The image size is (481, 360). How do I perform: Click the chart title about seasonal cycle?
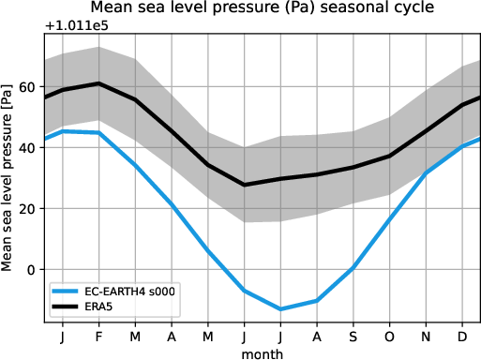point(262,8)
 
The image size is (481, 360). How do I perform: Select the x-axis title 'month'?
point(262,353)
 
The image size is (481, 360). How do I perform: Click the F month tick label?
point(99,335)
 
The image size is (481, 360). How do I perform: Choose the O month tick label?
point(390,335)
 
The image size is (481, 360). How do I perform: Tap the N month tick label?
point(427,335)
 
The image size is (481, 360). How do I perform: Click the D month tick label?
point(462,335)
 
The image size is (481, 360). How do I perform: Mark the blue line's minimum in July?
point(280,309)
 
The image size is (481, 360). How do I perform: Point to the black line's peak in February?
point(99,83)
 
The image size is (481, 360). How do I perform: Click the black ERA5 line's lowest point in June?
point(245,185)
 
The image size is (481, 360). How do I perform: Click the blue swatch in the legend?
point(67,292)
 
